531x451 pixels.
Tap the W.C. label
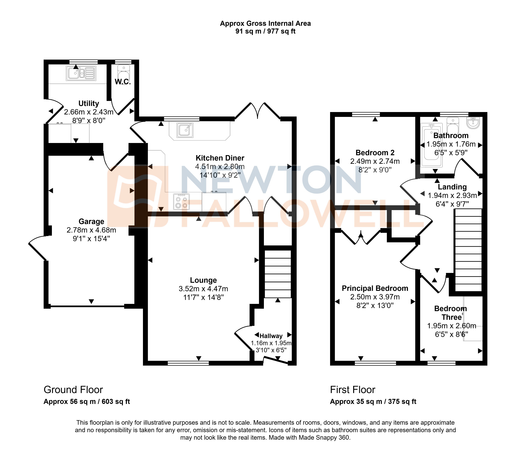(x=123, y=82)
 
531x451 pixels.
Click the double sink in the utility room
(x=81, y=73)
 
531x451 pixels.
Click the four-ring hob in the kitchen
(x=181, y=202)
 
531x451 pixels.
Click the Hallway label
(x=271, y=336)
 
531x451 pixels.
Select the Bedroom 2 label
(x=375, y=153)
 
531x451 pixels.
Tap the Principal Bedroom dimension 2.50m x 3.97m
(x=375, y=297)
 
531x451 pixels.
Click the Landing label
(x=452, y=187)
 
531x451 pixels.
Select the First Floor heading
(x=352, y=390)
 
